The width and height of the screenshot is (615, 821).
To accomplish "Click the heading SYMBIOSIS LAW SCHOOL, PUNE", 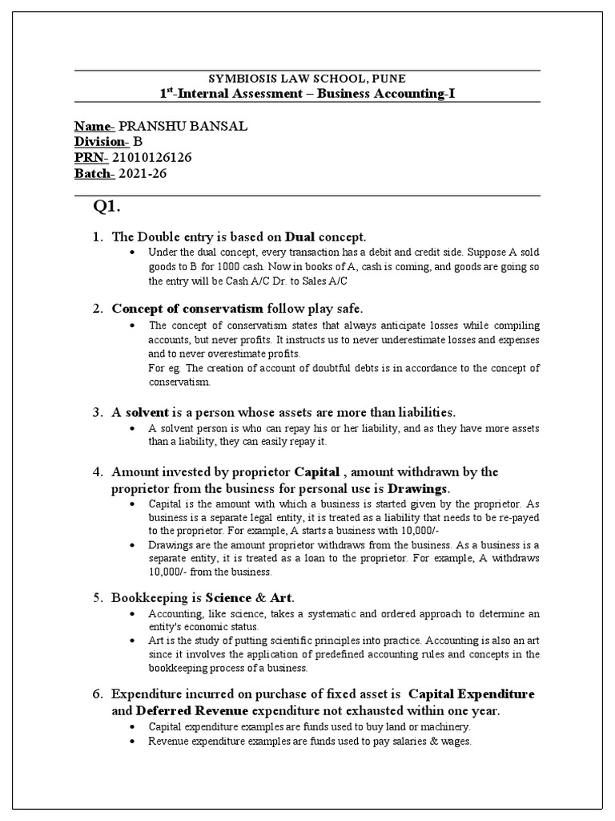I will [x=307, y=79].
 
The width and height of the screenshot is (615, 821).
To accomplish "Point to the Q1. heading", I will [x=107, y=207].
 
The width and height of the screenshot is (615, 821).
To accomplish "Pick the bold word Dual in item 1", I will [x=300, y=237].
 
